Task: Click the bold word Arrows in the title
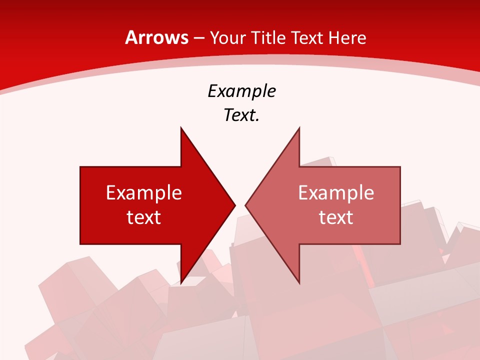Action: tap(156, 38)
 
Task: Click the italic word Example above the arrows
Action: tap(241, 91)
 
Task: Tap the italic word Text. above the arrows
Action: tap(241, 115)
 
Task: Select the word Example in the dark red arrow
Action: tap(144, 192)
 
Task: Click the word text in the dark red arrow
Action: tap(144, 217)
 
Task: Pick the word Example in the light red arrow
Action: tap(336, 192)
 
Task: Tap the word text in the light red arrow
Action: tap(336, 217)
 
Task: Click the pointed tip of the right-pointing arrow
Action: tap(235, 205)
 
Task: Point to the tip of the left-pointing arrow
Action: tap(245, 205)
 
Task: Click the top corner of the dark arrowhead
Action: tap(181, 128)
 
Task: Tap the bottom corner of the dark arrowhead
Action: tap(181, 283)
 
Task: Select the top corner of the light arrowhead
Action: tap(299, 128)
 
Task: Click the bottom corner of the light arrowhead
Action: tap(299, 283)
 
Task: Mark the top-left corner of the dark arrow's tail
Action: tap(80, 167)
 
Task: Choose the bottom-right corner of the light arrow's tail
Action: tap(400, 244)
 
